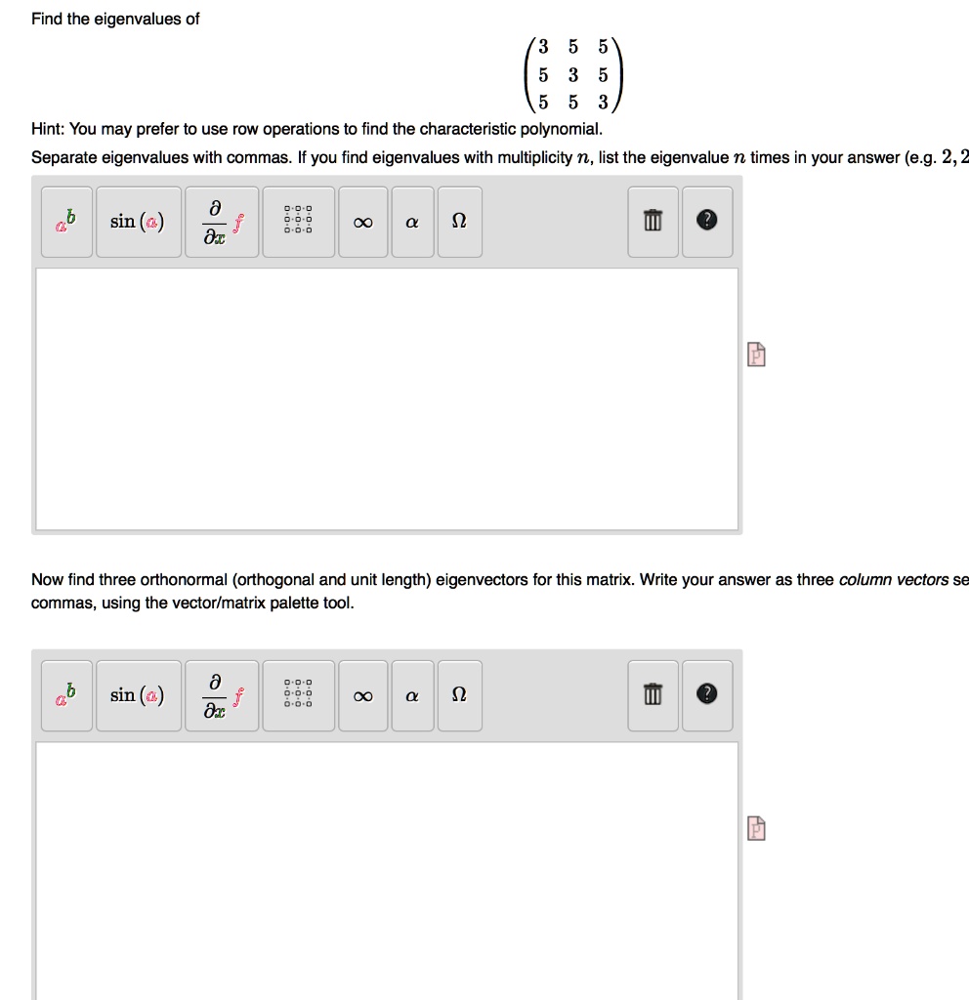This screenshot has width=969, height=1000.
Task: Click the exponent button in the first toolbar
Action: point(66,222)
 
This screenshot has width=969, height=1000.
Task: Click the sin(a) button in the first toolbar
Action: point(138,222)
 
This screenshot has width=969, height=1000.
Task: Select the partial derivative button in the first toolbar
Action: point(221,222)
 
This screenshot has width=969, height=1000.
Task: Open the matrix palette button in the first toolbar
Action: point(297,222)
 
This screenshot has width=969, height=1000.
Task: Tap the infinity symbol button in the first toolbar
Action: point(362,222)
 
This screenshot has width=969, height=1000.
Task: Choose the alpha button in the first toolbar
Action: point(412,222)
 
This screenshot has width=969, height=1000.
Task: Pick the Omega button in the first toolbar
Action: point(459,222)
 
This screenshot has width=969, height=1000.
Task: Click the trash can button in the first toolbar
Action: point(653,222)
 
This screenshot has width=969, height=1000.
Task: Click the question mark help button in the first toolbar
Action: point(706,222)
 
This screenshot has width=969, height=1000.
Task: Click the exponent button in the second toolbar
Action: point(66,695)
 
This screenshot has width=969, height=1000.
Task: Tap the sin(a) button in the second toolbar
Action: point(138,695)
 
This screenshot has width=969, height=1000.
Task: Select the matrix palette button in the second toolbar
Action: point(297,695)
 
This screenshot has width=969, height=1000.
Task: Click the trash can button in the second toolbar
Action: point(653,695)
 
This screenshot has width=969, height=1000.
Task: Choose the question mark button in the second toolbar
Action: point(706,695)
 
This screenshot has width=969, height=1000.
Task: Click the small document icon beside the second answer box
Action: point(756,828)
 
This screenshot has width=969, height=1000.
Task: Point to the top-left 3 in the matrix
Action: point(544,46)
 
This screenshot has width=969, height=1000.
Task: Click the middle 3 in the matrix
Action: point(573,74)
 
